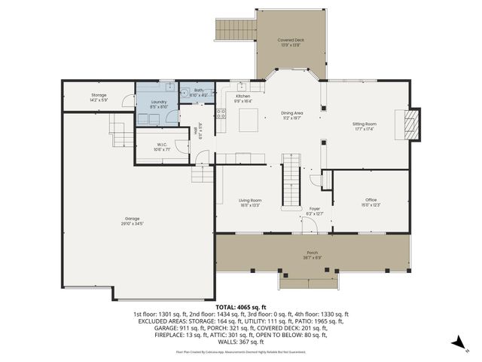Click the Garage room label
pos(131,221)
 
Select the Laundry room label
pos(158,103)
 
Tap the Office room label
pos(371,201)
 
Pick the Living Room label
pos(251,201)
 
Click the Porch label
pos(312,254)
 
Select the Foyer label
pos(315,212)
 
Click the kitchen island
pos(249,120)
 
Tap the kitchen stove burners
pos(221,115)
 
